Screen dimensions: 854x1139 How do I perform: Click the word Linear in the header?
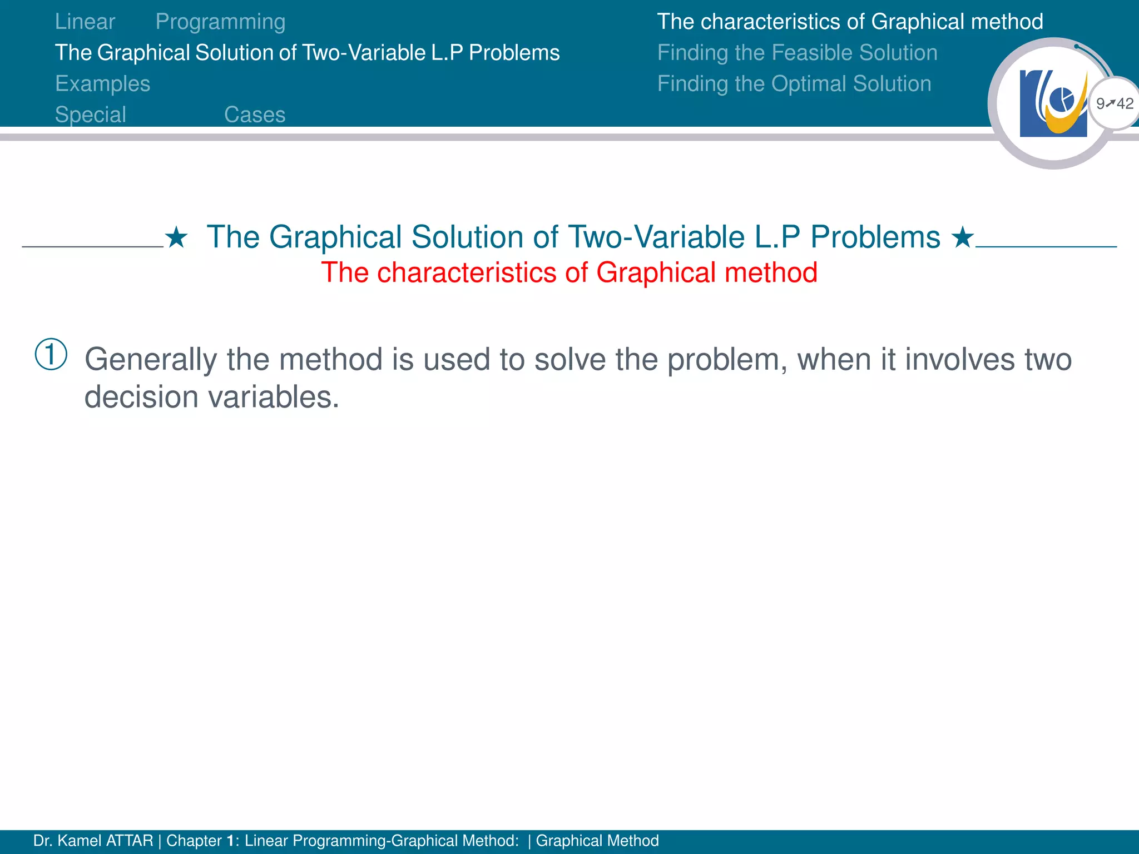point(85,22)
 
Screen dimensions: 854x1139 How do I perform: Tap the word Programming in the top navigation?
point(220,22)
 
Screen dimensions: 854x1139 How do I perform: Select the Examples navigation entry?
point(102,84)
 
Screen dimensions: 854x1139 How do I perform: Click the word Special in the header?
point(91,115)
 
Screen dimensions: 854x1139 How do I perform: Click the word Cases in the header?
point(255,115)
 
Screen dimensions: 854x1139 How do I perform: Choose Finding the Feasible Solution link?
point(797,53)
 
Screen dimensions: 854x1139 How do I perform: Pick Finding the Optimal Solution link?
point(794,84)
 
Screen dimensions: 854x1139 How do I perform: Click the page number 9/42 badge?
point(1114,103)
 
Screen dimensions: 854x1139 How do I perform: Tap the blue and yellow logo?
point(1053,103)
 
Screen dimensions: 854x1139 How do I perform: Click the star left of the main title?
point(176,238)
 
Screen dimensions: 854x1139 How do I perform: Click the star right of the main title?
point(962,238)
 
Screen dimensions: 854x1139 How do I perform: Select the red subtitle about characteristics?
point(569,273)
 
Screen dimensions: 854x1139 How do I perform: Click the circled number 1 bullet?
point(51,354)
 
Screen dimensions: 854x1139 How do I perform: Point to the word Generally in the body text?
point(150,360)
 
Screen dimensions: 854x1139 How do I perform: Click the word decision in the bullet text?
point(141,398)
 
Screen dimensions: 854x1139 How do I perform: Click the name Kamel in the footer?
point(80,841)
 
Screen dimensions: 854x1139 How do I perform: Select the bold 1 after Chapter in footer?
point(230,841)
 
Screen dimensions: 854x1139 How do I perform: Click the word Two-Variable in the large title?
point(656,237)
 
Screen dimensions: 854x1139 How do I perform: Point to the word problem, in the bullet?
point(727,360)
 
